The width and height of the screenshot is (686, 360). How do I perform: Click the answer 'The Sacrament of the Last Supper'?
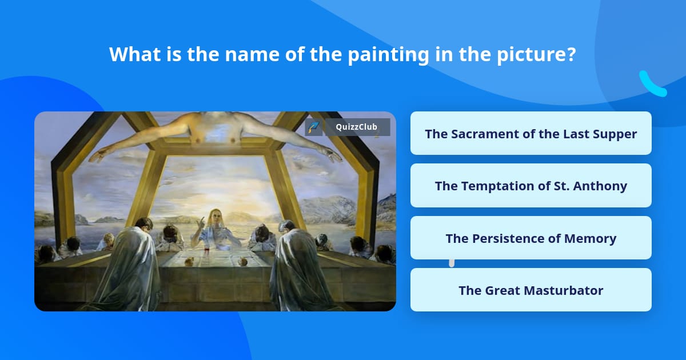tap(531, 134)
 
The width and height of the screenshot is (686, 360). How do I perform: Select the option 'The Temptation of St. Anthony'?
tap(531, 186)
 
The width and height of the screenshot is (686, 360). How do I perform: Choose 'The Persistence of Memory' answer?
tap(531, 238)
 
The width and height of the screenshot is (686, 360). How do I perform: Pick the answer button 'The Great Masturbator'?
tap(531, 290)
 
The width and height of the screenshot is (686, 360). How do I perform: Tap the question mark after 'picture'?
tap(570, 55)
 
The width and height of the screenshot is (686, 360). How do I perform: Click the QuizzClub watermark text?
tap(357, 127)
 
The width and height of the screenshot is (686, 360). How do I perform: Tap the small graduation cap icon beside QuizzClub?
tap(313, 127)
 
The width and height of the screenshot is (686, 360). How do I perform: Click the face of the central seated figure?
tap(215, 217)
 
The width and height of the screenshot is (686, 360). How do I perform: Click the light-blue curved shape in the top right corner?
tap(652, 85)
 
